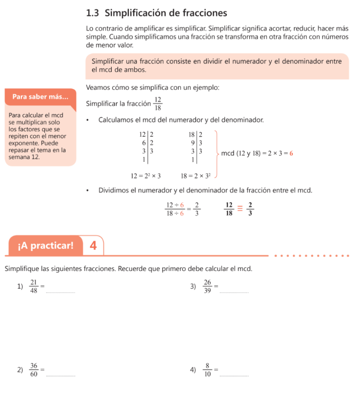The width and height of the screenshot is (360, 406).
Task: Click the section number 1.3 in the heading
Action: tap(92, 13)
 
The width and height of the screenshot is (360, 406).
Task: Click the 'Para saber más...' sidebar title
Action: tap(40, 97)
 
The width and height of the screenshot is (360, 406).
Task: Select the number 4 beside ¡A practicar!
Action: tap(93, 246)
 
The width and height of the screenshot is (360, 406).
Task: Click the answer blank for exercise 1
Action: tap(61, 291)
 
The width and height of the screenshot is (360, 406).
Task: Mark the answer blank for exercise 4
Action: tap(234, 375)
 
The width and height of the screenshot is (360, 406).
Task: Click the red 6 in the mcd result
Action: tap(291, 153)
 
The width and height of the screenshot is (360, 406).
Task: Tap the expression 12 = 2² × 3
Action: tap(146, 176)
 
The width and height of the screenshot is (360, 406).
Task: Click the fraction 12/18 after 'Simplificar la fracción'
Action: tap(158, 104)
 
